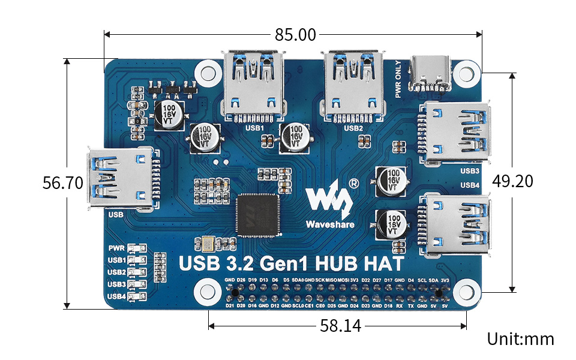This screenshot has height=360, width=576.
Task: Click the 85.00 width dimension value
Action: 295,35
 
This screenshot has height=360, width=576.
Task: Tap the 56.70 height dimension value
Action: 62,183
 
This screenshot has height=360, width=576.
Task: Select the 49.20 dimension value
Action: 513,181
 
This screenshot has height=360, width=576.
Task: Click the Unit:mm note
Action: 520,339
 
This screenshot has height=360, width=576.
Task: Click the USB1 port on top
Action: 253,84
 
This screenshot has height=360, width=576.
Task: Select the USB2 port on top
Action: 353,84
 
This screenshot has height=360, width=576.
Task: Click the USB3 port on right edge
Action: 456,133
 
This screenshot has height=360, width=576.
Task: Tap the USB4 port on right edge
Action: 456,223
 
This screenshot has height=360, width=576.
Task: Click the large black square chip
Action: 257,215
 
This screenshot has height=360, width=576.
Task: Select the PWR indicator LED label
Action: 116,248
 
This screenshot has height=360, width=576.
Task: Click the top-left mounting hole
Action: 208,73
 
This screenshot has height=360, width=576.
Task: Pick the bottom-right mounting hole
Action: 464,292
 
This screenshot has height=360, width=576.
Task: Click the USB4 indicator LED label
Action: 116,296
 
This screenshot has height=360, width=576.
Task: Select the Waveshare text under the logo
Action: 329,225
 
